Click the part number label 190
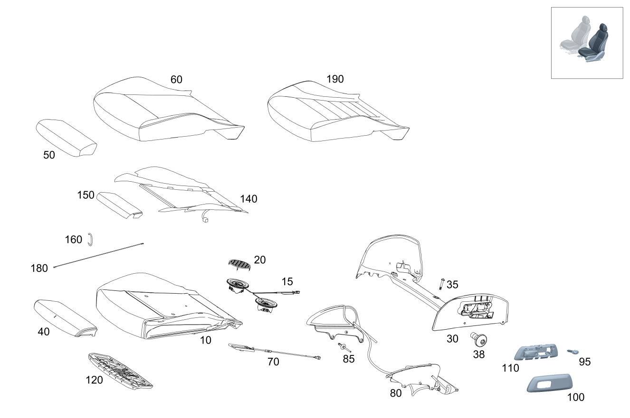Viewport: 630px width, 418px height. (x=335, y=79)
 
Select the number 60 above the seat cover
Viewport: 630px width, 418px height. (x=176, y=80)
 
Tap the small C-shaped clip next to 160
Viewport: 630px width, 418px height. (x=90, y=240)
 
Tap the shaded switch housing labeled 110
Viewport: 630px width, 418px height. (x=539, y=353)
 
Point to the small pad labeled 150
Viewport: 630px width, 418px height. (x=119, y=204)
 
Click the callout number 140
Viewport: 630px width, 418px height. (x=248, y=199)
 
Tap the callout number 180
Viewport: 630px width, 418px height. (x=39, y=269)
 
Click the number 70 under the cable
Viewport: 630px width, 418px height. (x=273, y=362)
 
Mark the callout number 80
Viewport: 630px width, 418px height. (x=396, y=393)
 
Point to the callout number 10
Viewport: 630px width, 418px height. (x=206, y=340)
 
